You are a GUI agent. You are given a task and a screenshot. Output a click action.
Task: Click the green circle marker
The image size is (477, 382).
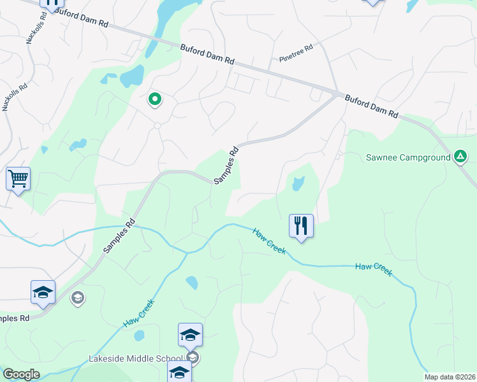[154, 99]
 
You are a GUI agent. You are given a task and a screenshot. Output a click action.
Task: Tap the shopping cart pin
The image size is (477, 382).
[18, 179]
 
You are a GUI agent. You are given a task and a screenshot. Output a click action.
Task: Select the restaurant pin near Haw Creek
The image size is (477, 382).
[301, 226]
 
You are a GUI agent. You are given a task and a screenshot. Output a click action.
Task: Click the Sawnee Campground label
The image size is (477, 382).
[408, 157]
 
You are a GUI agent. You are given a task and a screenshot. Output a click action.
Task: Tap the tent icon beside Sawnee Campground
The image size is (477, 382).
[460, 156]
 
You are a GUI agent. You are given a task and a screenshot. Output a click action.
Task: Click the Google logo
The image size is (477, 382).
[21, 374]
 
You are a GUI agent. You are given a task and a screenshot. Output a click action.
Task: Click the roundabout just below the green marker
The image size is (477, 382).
[157, 125]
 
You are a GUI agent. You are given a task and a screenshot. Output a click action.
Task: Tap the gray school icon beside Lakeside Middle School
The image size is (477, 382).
[194, 358]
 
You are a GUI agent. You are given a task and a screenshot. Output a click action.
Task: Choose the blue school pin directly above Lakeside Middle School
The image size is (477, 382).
[190, 334]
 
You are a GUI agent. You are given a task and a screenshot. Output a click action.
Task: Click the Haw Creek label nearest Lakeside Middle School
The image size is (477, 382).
[139, 315]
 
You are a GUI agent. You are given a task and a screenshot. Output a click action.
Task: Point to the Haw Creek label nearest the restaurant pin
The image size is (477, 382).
[268, 241]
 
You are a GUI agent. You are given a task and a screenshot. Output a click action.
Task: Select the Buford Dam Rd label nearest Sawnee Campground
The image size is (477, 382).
[371, 106]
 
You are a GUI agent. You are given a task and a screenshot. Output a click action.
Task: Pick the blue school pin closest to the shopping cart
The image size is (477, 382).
[43, 292]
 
